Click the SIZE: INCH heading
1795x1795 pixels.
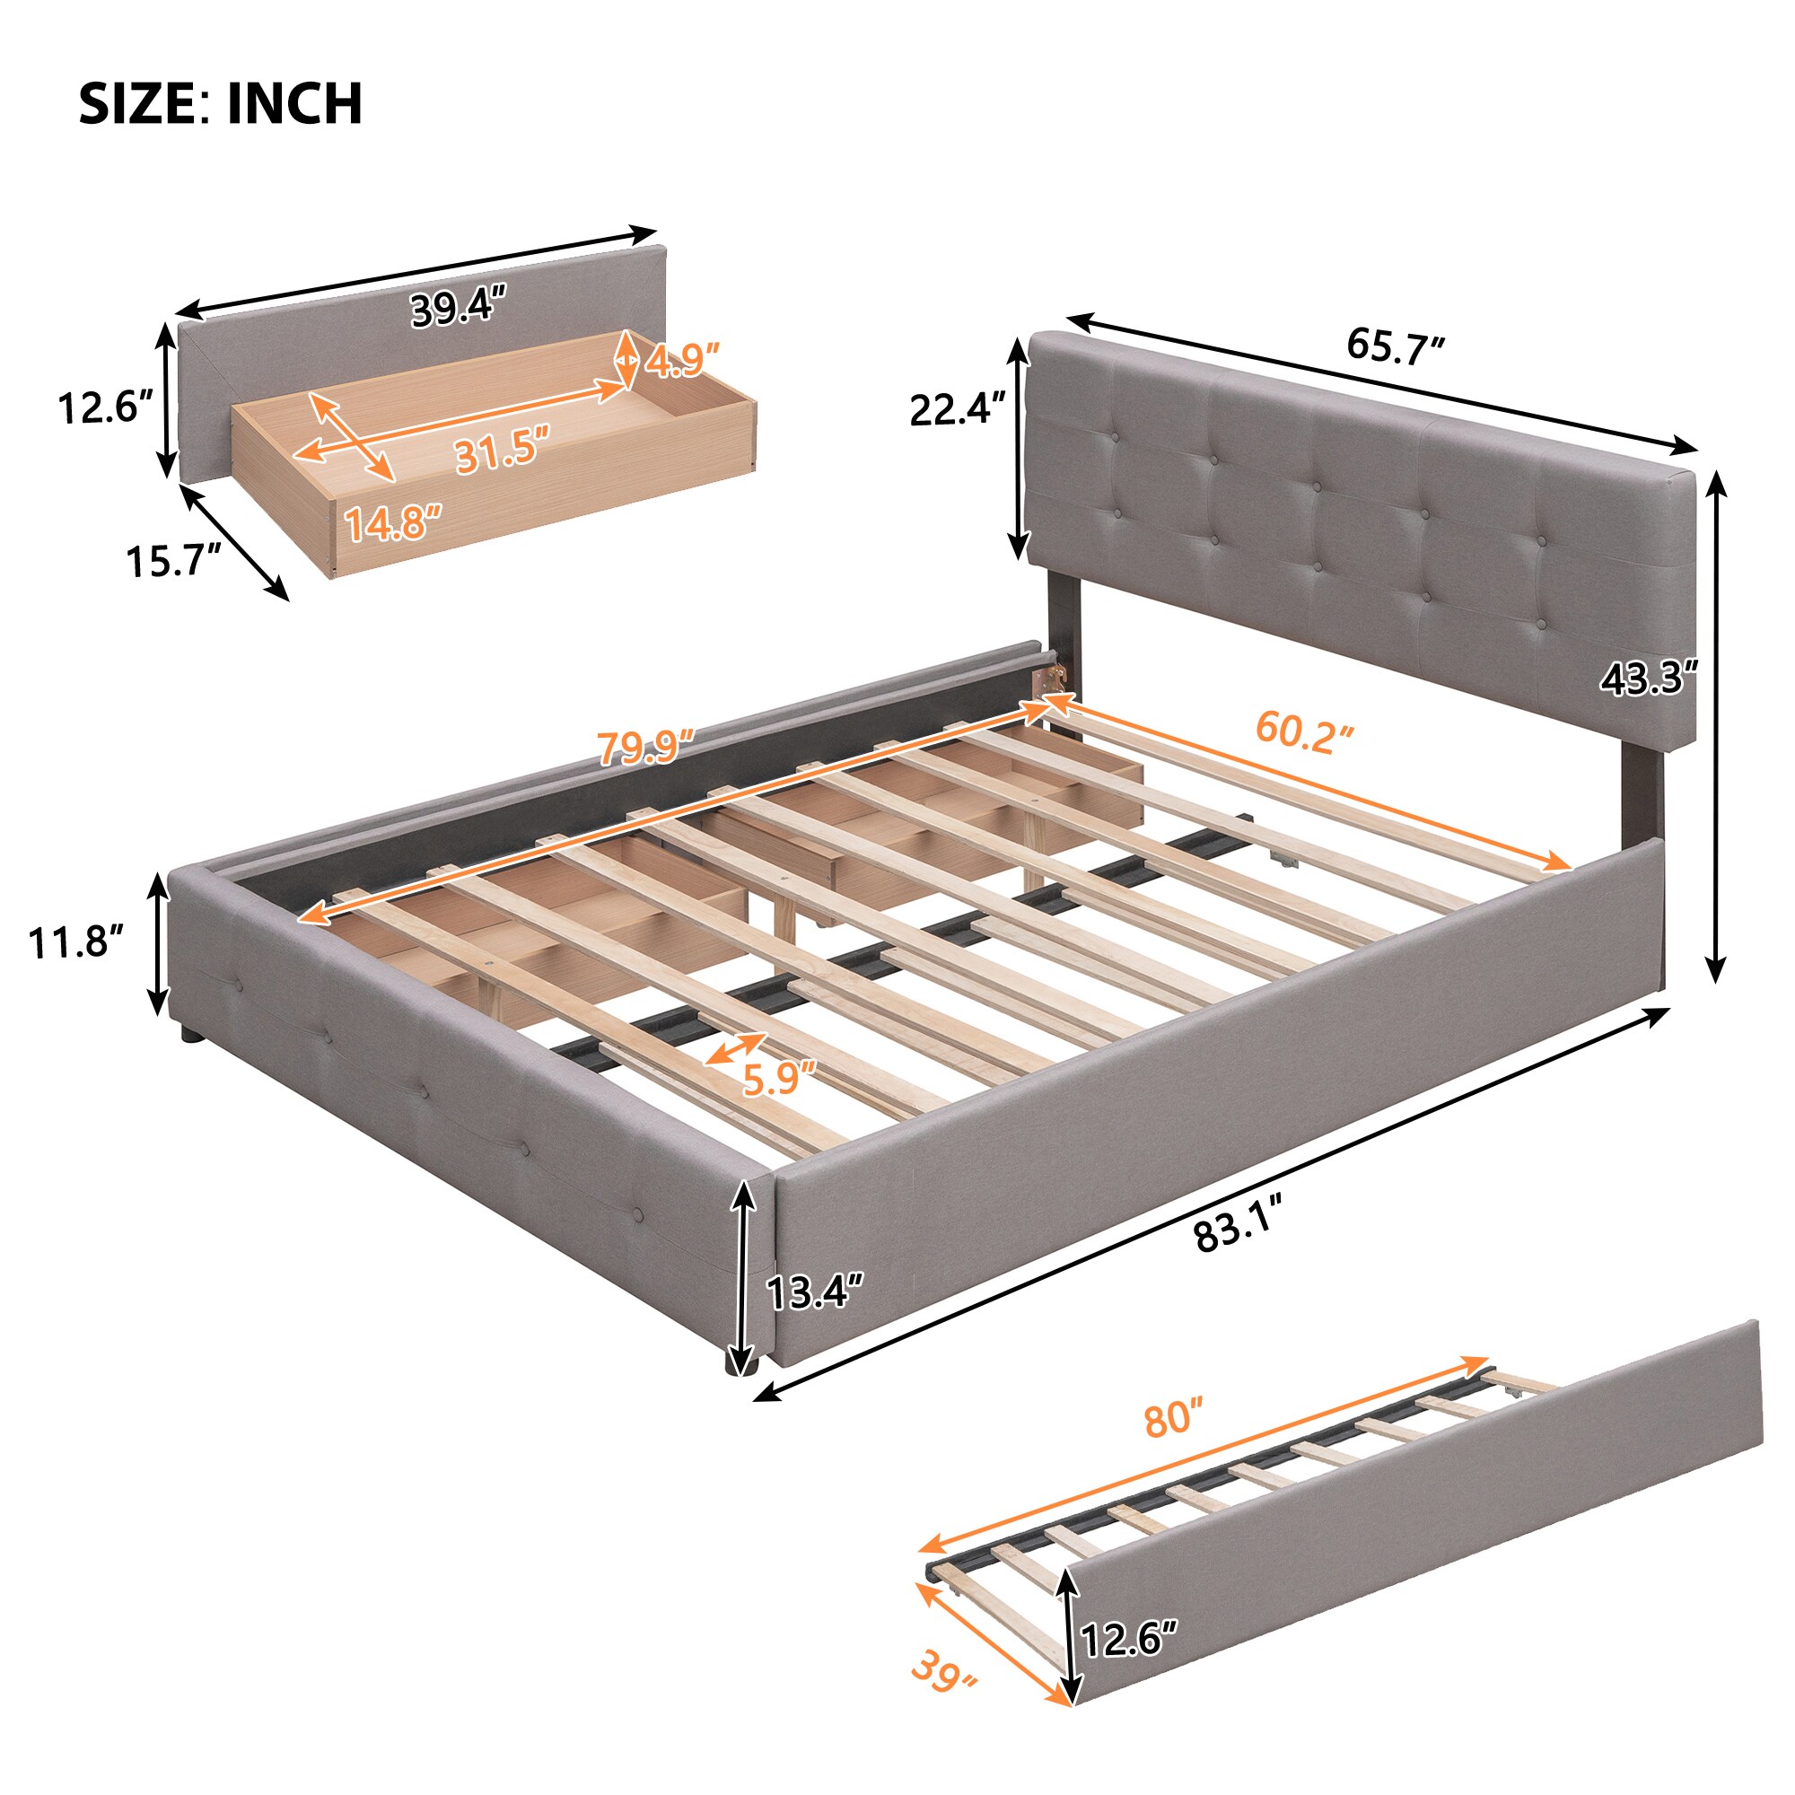click(220, 103)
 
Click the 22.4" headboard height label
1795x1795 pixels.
click(958, 408)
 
